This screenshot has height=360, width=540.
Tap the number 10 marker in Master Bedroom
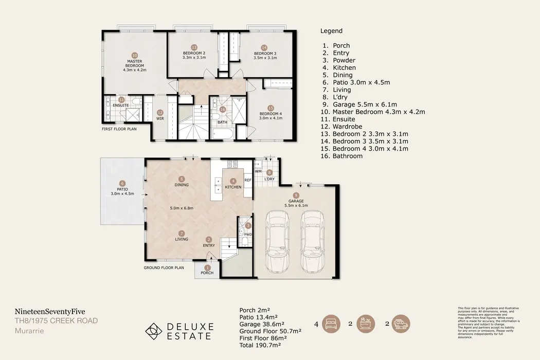pos(135,55)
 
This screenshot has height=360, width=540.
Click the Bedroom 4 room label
pos(271,114)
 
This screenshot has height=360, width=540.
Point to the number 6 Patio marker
pos(122,183)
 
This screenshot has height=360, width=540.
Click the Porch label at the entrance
pos(207,273)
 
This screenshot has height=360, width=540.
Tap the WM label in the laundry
pos(258,170)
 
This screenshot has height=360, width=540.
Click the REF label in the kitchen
pos(247,180)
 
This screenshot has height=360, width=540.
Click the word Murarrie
pos(29,331)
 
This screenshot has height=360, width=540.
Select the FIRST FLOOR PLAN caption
pos(119,130)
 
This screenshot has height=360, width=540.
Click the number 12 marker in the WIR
pos(160,113)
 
